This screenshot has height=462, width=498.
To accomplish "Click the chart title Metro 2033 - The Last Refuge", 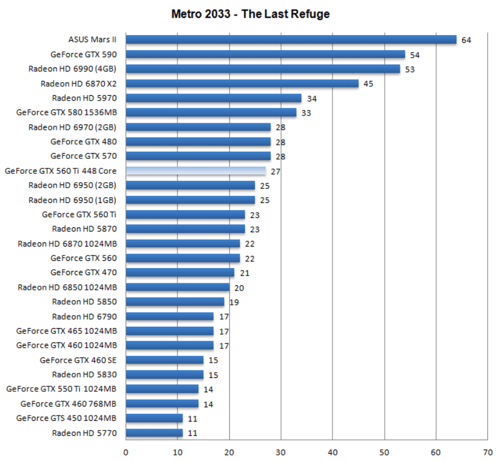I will point(250,14).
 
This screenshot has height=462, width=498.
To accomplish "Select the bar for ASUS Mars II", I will point(291,40).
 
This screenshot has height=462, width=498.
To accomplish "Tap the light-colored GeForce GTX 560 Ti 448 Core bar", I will point(195,171).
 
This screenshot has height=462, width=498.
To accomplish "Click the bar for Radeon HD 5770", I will point(154,433).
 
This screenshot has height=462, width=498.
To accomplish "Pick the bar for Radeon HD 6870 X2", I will point(242,83).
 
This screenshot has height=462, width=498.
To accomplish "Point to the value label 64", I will point(466,40).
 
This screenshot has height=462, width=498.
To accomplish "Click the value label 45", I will point(368,84).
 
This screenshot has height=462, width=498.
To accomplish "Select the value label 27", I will point(275,171).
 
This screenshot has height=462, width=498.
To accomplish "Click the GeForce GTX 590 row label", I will point(83,54).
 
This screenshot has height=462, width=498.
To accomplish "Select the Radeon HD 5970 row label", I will point(84,98).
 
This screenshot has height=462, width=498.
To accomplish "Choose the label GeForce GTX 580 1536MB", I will point(66,112).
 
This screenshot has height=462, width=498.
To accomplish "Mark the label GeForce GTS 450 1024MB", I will point(66,418).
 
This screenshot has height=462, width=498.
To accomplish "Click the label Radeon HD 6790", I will point(84,316).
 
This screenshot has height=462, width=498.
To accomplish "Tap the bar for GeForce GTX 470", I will point(180,273).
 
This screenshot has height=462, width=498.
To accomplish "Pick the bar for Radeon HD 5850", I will point(175,302).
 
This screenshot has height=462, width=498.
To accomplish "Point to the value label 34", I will point(311,98).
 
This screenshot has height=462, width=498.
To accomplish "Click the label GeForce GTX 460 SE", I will point(78,360).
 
